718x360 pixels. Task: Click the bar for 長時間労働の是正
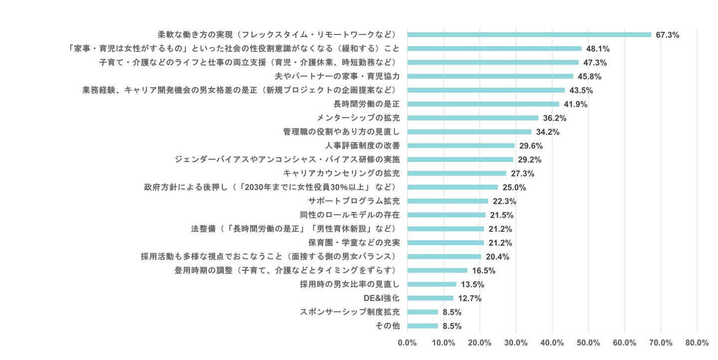(x=483, y=104)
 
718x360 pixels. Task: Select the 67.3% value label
(x=668, y=35)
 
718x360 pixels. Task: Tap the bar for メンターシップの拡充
(x=473, y=118)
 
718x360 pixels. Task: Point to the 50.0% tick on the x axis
(x=588, y=343)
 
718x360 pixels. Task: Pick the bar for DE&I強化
(x=430, y=298)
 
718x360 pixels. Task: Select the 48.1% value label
(x=598, y=49)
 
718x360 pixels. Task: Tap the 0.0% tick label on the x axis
(x=407, y=343)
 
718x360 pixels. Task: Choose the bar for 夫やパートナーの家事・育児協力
(x=490, y=76)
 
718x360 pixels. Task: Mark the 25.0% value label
(x=514, y=187)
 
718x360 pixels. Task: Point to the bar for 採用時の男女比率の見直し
(x=432, y=284)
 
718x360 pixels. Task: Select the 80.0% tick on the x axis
(x=697, y=343)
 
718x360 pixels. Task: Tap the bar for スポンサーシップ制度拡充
(x=423, y=312)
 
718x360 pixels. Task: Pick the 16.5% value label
(x=484, y=271)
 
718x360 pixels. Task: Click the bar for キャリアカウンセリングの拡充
(x=457, y=174)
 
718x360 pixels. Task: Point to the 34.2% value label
(x=547, y=132)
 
